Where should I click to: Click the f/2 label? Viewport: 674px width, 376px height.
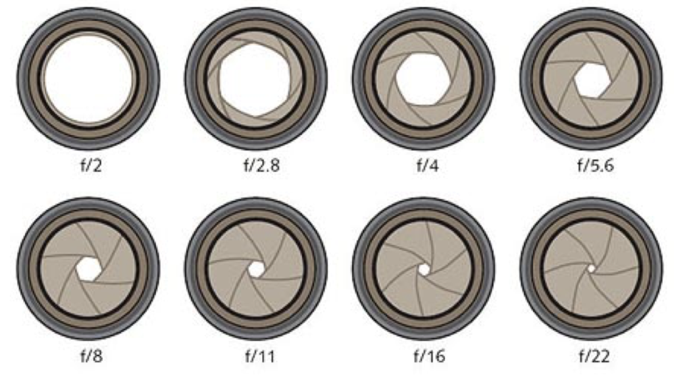(x=91, y=165)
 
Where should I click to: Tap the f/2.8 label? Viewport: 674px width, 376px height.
(x=262, y=165)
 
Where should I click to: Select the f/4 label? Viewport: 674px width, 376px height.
(x=427, y=165)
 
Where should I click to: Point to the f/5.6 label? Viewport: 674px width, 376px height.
(x=595, y=165)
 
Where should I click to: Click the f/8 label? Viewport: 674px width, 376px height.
(x=91, y=356)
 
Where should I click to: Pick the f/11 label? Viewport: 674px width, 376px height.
(x=259, y=356)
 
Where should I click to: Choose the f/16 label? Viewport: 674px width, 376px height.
(x=429, y=356)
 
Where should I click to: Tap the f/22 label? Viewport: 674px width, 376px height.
(x=594, y=356)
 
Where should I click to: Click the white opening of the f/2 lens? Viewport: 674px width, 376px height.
(x=89, y=79)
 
